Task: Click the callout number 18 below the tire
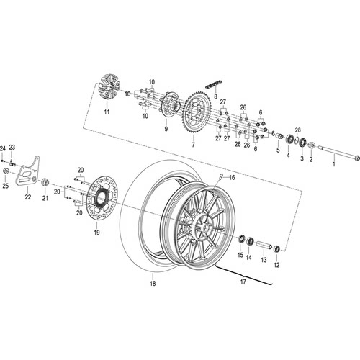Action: coord(153,284)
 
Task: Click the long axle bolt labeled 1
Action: coord(339,153)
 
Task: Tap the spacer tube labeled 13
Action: coord(264,245)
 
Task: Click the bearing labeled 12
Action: coord(277,249)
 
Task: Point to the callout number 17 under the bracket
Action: coord(243,282)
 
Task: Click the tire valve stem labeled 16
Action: coord(221,176)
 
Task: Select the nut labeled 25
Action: coord(6,171)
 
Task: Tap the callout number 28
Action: coord(297,130)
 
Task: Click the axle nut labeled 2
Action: coord(311,145)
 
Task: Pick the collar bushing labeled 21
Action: coord(45,182)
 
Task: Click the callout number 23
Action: coord(12,148)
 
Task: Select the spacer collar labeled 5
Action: coord(279,136)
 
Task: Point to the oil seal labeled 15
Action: coord(241,239)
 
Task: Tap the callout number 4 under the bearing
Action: coord(288,156)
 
